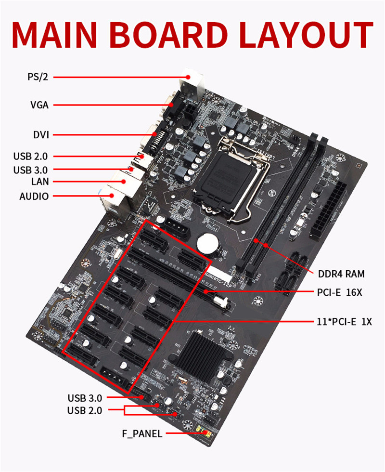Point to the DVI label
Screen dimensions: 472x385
tap(41, 135)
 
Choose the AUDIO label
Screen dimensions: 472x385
tap(34, 197)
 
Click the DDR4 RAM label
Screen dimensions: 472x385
tap(341, 274)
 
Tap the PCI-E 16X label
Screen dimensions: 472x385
tap(339, 292)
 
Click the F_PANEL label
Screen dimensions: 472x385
tap(141, 434)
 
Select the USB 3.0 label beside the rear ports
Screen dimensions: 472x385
tap(33, 170)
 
